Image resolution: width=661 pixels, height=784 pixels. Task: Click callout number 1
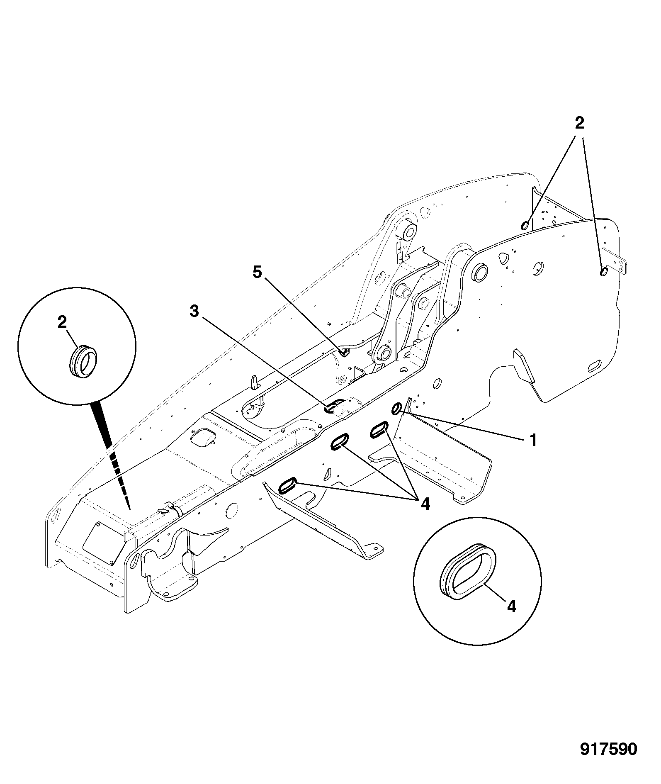[x=533, y=440]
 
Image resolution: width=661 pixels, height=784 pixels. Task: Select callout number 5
[x=257, y=273]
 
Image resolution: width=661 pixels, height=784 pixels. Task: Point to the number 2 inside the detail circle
[x=62, y=322]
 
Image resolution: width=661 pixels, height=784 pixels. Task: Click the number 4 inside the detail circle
[x=512, y=607]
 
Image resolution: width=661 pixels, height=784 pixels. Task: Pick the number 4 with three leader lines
[x=425, y=504]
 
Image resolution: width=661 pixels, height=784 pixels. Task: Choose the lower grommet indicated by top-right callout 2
[x=603, y=271]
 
